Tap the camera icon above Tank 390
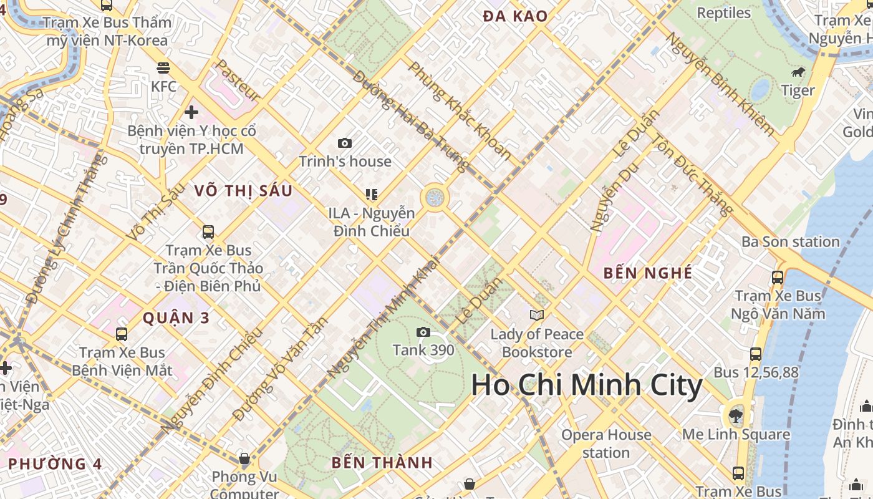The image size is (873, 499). pyautogui.click(x=423, y=332)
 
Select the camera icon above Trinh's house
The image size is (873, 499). pyautogui.click(x=345, y=143)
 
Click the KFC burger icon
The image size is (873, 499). pyautogui.click(x=163, y=67)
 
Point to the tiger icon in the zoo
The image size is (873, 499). pyautogui.click(x=798, y=72)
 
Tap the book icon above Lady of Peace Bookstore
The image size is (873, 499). pyautogui.click(x=537, y=315)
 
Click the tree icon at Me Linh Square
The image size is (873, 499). pyautogui.click(x=736, y=415)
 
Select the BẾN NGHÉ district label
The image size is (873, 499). pyautogui.click(x=648, y=273)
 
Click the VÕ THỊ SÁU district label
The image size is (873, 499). pyautogui.click(x=243, y=191)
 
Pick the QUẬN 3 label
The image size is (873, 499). pyautogui.click(x=176, y=318)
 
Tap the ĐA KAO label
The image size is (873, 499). pyautogui.click(x=515, y=17)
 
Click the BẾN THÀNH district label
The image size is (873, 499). pyautogui.click(x=382, y=463)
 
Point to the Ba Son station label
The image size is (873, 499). pyautogui.click(x=790, y=241)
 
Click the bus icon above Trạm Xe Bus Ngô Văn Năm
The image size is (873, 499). pyautogui.click(x=778, y=278)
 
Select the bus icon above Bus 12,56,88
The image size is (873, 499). pyautogui.click(x=756, y=354)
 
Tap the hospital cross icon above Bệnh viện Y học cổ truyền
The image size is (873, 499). pyautogui.click(x=191, y=112)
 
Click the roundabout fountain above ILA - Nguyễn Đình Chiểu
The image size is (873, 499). pyautogui.click(x=435, y=198)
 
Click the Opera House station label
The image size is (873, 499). pyautogui.click(x=606, y=443)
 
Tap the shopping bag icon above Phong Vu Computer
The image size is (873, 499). pyautogui.click(x=244, y=459)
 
